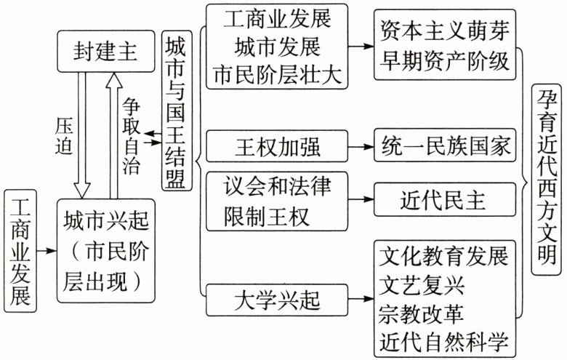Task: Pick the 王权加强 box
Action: (x=273, y=148)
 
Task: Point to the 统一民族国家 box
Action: (x=446, y=148)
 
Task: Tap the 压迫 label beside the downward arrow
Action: (x=65, y=136)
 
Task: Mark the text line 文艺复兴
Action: (x=417, y=286)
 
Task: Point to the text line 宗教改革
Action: (x=417, y=313)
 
